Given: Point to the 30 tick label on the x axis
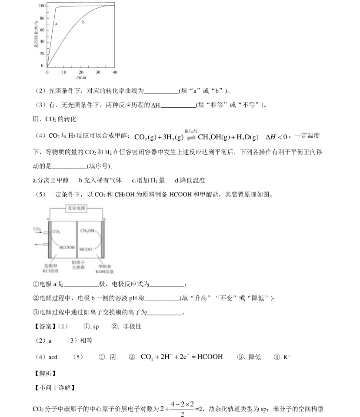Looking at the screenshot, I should click(x=98, y=71).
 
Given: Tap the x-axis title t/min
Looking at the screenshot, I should click(x=81, y=77).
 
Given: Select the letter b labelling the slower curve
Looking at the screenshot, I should click(x=83, y=22).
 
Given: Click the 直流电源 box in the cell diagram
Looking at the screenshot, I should click(x=76, y=208).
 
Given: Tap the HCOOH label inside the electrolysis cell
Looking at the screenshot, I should click(x=67, y=247).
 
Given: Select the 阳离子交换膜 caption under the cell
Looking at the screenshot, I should click(x=78, y=265).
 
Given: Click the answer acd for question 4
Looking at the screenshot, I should click(x=53, y=357).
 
